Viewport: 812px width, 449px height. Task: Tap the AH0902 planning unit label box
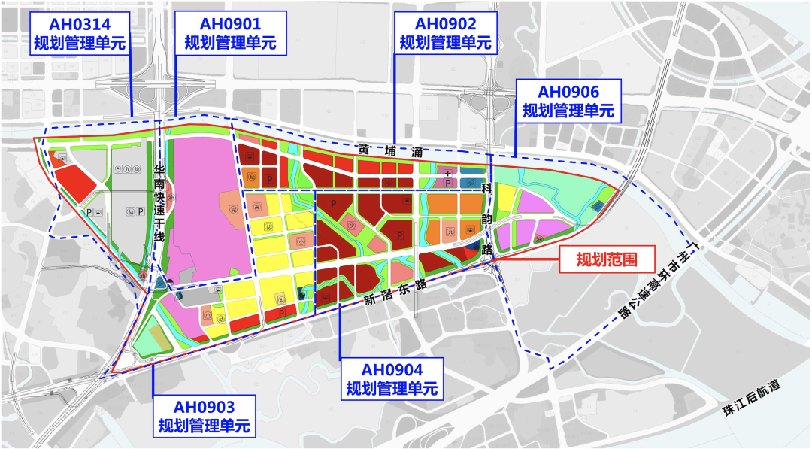coord(445,32)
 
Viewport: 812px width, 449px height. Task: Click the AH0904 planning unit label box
coord(392,379)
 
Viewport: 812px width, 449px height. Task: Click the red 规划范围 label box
coord(607,260)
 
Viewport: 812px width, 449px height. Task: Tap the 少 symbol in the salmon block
coord(351,223)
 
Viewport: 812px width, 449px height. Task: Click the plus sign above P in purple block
coord(448,172)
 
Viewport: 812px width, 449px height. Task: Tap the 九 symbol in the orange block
coord(450,232)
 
